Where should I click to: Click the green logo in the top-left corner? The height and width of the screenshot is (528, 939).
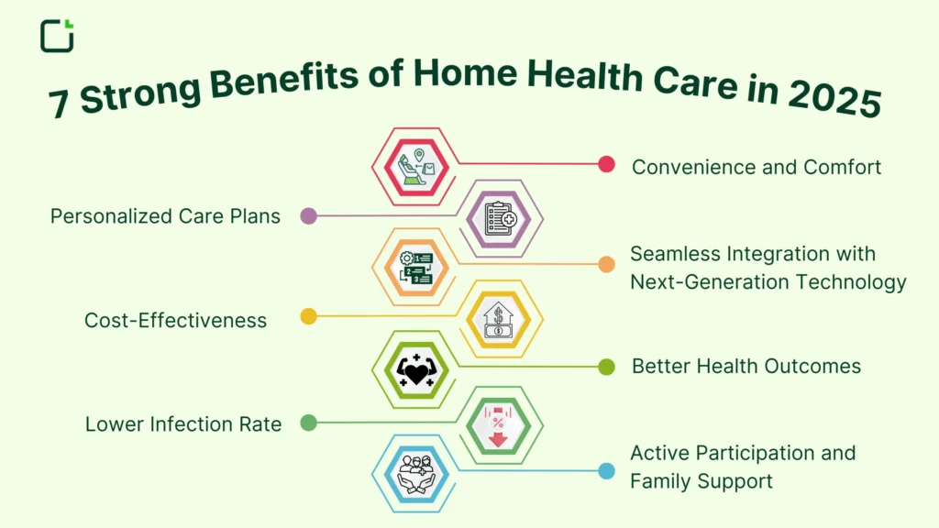pyautogui.click(x=57, y=35)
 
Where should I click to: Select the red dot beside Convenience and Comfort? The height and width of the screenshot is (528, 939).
pyautogui.click(x=606, y=164)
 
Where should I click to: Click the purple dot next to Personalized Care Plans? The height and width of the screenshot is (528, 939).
pyautogui.click(x=308, y=216)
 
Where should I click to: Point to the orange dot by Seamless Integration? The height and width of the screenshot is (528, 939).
pyautogui.click(x=606, y=264)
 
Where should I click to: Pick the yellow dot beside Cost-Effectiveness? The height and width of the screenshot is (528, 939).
pyautogui.click(x=308, y=316)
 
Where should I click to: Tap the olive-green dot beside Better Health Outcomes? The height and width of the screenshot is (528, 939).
pyautogui.click(x=606, y=367)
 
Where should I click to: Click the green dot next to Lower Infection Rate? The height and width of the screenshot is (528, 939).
pyautogui.click(x=308, y=423)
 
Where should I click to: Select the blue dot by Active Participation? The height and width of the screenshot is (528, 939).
pyautogui.click(x=606, y=471)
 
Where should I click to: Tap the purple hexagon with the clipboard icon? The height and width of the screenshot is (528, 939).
pyautogui.click(x=500, y=218)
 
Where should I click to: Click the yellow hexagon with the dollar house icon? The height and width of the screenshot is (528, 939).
pyautogui.click(x=500, y=319)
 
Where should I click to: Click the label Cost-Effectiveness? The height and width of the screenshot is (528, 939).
pyautogui.click(x=175, y=320)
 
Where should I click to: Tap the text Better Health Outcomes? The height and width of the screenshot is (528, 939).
pyautogui.click(x=746, y=367)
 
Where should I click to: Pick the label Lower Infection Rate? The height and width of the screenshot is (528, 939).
pyautogui.click(x=182, y=424)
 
